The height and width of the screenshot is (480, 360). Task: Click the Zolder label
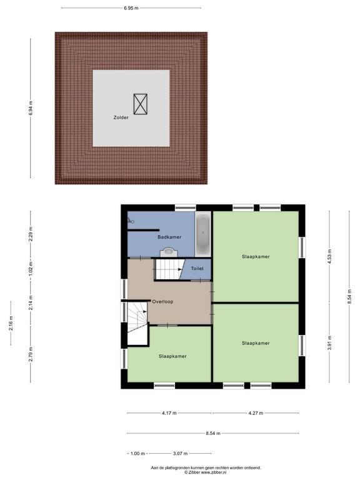(x=121, y=117)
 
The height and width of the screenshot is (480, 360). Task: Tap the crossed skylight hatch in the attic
(x=141, y=104)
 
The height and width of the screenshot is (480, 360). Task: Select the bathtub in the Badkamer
(x=202, y=234)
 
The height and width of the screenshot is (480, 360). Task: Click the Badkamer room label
(x=169, y=237)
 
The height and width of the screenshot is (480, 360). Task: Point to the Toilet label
(x=197, y=269)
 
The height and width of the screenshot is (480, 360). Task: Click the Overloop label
(x=162, y=301)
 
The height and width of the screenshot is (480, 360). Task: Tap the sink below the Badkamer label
(x=169, y=252)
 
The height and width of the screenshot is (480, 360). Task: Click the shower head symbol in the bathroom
(x=131, y=220)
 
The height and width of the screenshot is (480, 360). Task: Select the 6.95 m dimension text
(x=131, y=8)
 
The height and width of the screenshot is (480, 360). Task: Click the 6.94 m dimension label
(x=31, y=108)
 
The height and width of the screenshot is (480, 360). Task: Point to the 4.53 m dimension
(x=329, y=256)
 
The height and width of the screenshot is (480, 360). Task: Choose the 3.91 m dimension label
(x=329, y=343)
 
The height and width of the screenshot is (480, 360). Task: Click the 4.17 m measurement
(x=169, y=413)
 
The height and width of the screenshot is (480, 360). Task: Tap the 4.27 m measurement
(x=256, y=413)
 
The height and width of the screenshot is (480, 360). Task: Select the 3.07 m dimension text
(x=180, y=454)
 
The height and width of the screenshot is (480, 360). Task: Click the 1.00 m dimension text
(x=137, y=454)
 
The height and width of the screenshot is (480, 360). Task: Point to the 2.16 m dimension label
(x=11, y=323)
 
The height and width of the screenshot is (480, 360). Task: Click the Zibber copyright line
(x=206, y=472)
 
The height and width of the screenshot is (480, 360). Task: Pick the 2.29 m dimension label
(x=31, y=234)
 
